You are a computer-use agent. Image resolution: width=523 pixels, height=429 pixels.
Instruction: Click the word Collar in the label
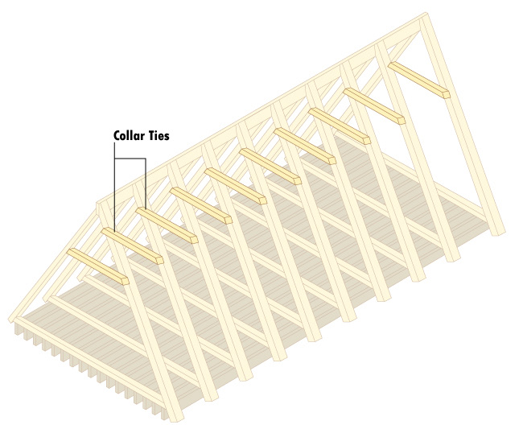tap(127, 136)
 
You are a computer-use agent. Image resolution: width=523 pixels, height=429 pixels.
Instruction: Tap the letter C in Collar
tap(116, 136)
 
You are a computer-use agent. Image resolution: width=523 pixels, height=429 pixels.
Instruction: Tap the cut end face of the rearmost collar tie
tap(446, 94)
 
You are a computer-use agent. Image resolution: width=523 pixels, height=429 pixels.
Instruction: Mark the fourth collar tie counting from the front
tap(200, 206)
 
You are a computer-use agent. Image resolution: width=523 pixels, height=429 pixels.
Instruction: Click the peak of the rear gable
tap(420, 17)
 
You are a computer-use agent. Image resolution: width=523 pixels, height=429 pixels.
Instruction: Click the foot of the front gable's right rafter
tap(176, 416)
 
